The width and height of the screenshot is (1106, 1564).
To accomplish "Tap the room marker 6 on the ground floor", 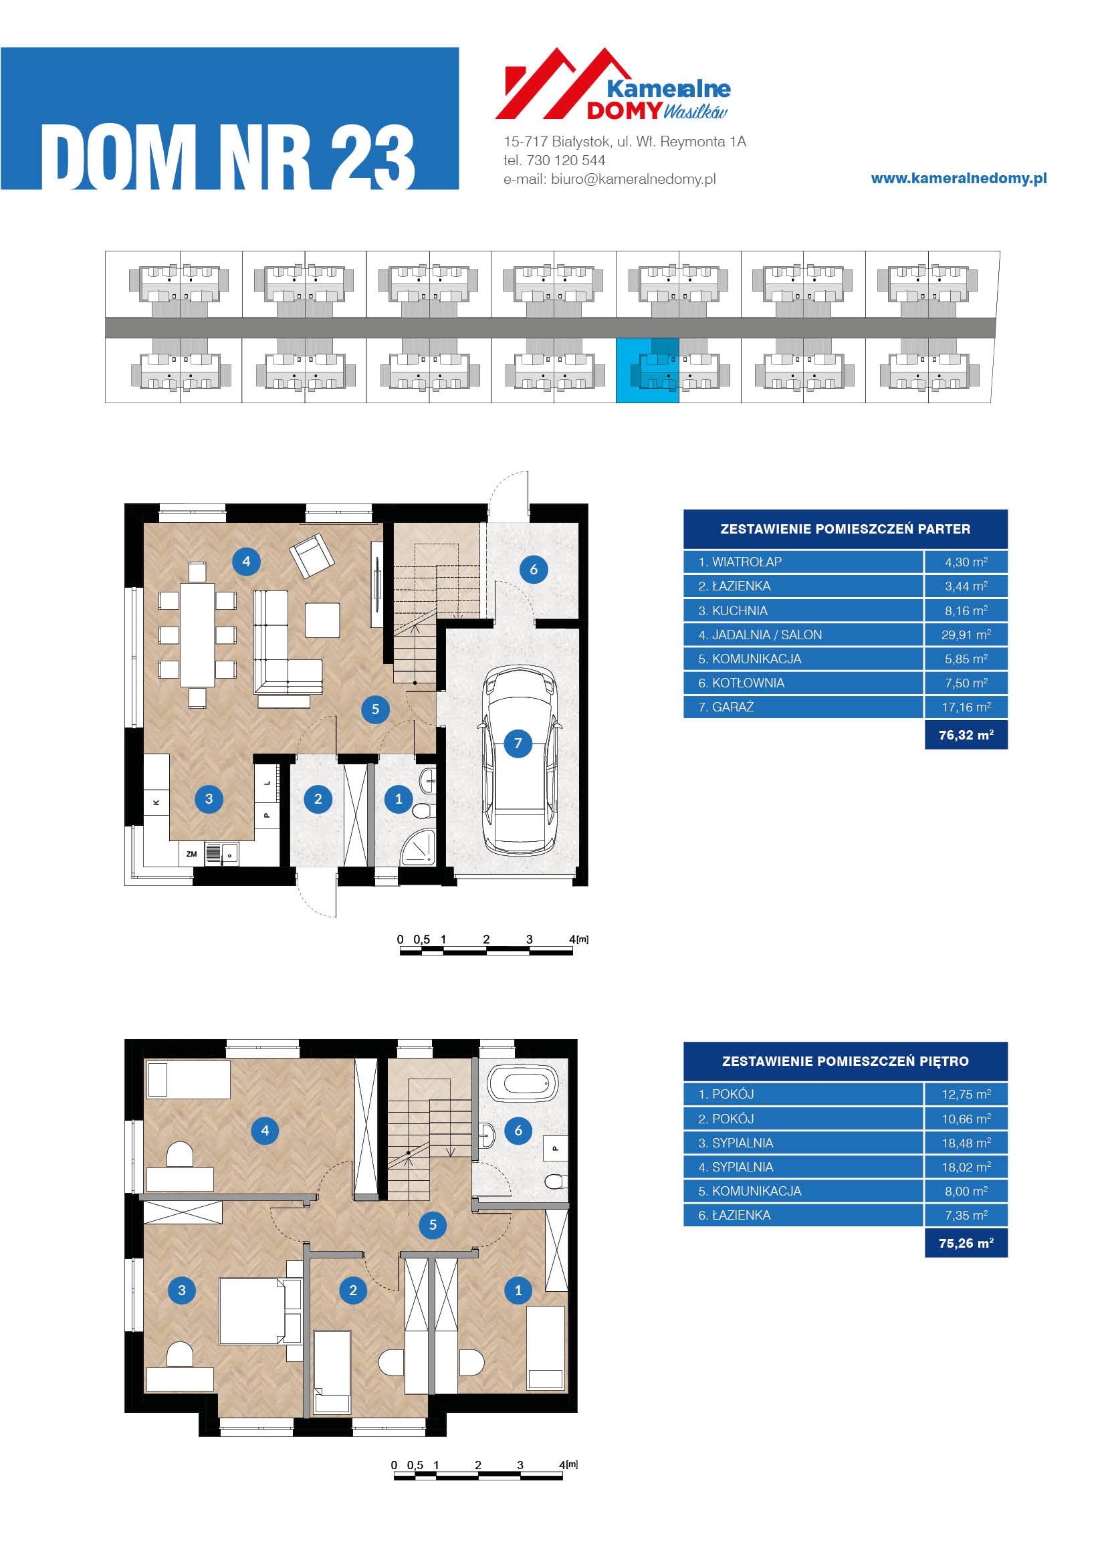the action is tap(533, 570).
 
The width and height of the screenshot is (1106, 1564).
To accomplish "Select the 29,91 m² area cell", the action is tap(966, 635).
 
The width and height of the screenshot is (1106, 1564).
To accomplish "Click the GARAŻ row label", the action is tap(726, 707).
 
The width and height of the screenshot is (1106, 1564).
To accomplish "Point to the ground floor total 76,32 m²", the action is tap(966, 735).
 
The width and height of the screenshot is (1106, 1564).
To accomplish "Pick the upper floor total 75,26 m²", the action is tap(966, 1243).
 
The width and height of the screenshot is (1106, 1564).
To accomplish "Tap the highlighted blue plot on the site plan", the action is tap(647, 370).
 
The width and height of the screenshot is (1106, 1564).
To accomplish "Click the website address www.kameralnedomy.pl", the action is tap(959, 179).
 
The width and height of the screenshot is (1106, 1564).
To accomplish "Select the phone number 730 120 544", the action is tap(566, 160).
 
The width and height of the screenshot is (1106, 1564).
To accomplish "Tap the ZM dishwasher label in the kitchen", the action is tap(191, 854).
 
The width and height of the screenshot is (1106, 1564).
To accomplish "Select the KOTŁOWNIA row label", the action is tap(742, 683).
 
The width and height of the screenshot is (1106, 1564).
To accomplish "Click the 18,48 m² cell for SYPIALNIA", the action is tap(966, 1143).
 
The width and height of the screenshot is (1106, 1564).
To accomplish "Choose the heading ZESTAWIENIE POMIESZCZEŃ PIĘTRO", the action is tap(845, 1061).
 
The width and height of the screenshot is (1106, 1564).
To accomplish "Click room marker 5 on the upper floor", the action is tap(433, 1225).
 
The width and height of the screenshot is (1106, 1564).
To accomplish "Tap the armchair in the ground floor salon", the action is tap(312, 556).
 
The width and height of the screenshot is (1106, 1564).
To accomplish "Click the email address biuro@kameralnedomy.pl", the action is tap(633, 179).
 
